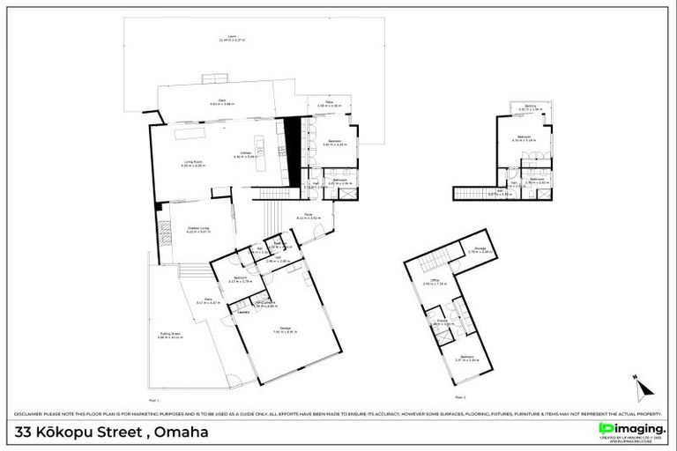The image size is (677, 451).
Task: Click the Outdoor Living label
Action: point(198,230)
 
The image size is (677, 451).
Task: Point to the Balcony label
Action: point(531,107)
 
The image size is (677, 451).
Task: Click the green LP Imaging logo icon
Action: point(605,429)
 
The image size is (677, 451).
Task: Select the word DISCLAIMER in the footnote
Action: point(30,413)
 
